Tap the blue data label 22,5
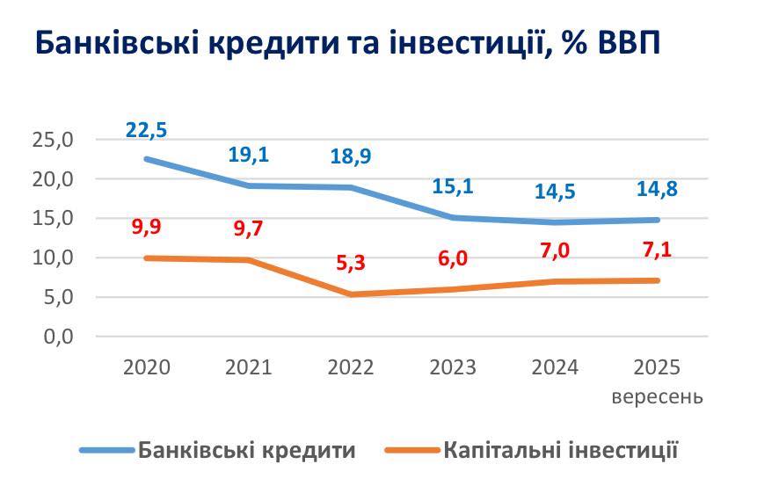point(146,130)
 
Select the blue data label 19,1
point(248,156)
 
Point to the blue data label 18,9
point(350,156)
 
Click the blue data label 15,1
point(453,186)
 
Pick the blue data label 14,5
point(555,192)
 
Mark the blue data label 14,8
point(657,189)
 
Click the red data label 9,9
point(146,227)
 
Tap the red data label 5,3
point(350,263)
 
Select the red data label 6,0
point(453,258)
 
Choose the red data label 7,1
point(657,250)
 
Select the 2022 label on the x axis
point(350,367)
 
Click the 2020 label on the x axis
point(146,367)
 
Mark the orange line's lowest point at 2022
point(350,294)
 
